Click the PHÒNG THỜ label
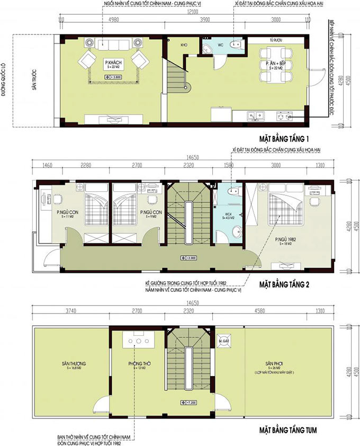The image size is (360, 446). (x=138, y=364)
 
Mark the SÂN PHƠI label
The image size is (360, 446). (x=275, y=364)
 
